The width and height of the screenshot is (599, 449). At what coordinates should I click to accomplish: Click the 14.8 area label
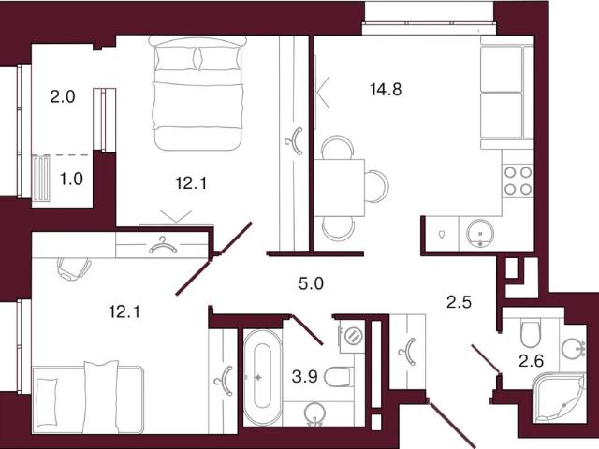coord(386,90)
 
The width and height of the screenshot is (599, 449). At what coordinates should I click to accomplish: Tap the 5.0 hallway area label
coord(311,283)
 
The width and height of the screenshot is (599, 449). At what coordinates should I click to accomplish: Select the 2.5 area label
coord(459,302)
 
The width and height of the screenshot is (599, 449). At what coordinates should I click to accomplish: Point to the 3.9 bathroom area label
coord(304,377)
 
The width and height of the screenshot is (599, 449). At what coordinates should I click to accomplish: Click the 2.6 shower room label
coord(531,360)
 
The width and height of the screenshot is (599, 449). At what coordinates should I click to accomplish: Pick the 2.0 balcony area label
coord(63,96)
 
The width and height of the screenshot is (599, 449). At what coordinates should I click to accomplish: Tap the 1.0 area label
coord(71,179)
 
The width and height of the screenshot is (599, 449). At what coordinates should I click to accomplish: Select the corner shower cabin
coord(560,398)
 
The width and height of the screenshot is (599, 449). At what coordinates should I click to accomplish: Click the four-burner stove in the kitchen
coord(518,181)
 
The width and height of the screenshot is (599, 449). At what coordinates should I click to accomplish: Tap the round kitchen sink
coord(480,233)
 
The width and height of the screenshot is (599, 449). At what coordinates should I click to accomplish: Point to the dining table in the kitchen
coord(339,187)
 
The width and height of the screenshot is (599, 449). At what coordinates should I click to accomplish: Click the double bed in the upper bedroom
coord(197,94)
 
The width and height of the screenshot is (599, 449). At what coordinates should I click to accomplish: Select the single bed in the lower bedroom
coord(88,399)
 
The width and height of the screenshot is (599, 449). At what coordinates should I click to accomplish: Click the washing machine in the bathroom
coord(351,336)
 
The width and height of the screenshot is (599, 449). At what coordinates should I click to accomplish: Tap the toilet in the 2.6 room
coord(531,334)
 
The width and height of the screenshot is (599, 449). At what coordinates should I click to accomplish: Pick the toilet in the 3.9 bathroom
coord(338,377)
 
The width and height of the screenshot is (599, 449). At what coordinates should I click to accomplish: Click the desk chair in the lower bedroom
coord(74,268)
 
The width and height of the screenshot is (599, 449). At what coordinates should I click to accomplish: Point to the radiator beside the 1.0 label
coord(41,178)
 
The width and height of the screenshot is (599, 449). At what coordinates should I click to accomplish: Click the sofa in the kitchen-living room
coord(506,93)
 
